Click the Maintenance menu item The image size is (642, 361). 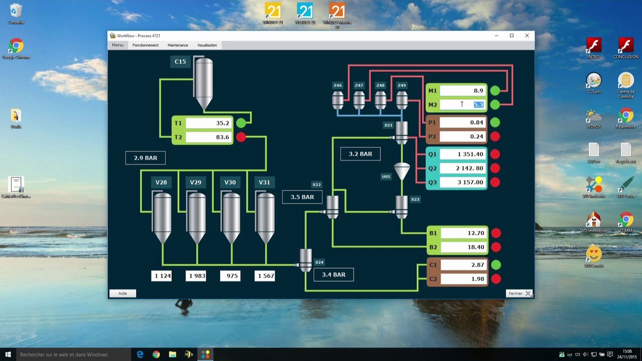pyautogui.click(x=178, y=45)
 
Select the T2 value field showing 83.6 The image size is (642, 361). pyautogui.click(x=208, y=137)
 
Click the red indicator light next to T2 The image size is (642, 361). pyautogui.click(x=241, y=137)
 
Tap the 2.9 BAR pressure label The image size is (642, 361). pyautogui.click(x=145, y=158)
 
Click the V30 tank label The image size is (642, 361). pyautogui.click(x=230, y=183)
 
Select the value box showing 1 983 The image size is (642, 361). pyautogui.click(x=196, y=276)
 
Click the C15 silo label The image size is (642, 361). pyautogui.click(x=180, y=62)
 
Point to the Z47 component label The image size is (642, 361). pyautogui.click(x=359, y=86)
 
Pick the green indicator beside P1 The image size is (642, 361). pyautogui.click(x=495, y=122)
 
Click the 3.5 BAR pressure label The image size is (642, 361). pyautogui.click(x=302, y=197)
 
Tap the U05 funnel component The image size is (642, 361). pyautogui.click(x=401, y=171)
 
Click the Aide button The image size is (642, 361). pyautogui.click(x=122, y=293)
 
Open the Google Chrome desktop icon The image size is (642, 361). pyautogui.click(x=16, y=47)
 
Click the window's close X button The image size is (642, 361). pyautogui.click(x=527, y=36)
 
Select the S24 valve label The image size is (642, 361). pyautogui.click(x=319, y=262)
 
